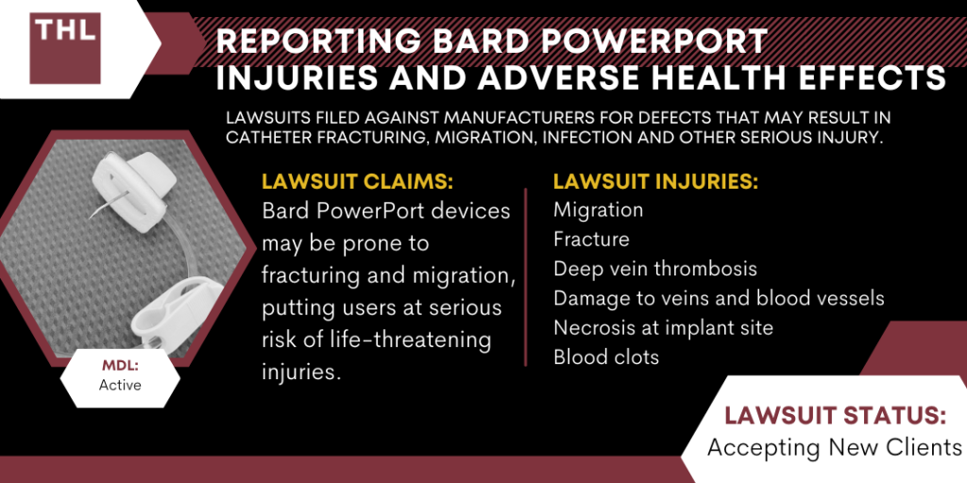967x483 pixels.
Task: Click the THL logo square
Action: [x=65, y=48]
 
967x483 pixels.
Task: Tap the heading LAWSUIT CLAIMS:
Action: [x=358, y=181]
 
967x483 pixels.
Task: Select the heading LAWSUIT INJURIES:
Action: [x=655, y=181]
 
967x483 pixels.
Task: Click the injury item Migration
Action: [x=598, y=210]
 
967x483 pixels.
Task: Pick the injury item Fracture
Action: [x=591, y=239]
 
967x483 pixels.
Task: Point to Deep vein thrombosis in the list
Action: [x=655, y=269]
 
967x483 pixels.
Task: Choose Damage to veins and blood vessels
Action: [x=719, y=298]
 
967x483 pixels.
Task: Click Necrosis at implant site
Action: [x=663, y=327]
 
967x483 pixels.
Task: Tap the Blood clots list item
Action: [x=606, y=357]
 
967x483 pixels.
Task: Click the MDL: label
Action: [x=120, y=367]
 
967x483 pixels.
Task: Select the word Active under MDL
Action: [x=120, y=386]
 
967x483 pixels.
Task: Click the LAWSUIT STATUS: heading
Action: [x=835, y=416]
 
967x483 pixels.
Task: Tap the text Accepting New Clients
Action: [x=835, y=447]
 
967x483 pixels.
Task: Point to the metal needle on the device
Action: [x=109, y=204]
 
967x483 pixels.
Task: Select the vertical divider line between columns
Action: [x=525, y=277]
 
